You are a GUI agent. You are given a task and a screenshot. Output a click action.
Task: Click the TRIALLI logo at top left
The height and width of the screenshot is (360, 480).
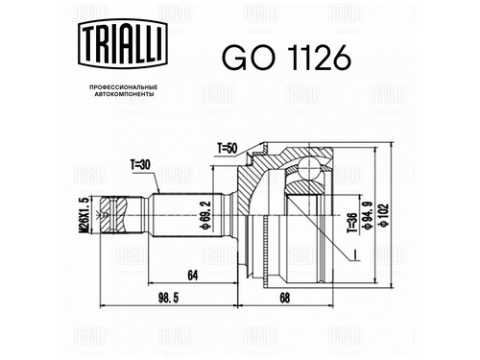point(123,44)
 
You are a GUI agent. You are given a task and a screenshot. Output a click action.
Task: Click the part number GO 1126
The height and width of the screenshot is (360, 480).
point(286,58)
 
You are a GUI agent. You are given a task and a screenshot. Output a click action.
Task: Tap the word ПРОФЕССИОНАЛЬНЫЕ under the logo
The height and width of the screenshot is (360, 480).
point(123,87)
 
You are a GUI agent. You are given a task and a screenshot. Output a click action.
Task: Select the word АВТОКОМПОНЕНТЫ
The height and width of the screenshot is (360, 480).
point(123,94)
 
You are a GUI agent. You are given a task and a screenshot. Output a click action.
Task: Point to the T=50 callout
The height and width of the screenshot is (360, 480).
point(227,149)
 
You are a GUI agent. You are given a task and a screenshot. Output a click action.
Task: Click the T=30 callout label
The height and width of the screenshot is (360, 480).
point(140,164)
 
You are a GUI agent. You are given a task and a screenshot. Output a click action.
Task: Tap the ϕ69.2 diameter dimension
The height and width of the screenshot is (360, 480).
point(206,215)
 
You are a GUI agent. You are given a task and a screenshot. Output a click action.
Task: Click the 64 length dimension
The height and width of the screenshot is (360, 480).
point(193,275)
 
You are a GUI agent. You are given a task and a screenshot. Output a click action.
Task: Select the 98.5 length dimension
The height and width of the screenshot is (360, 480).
point(169,299)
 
